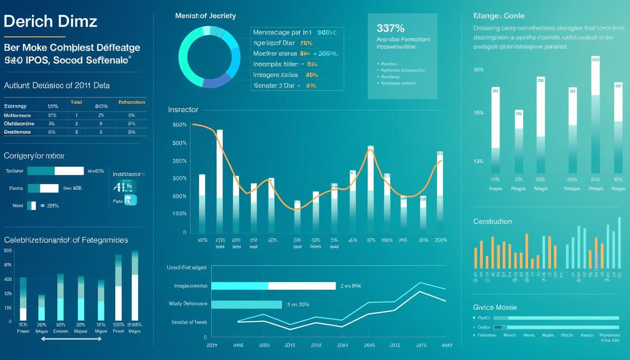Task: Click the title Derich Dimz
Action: coord(50,22)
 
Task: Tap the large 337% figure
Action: coord(390,28)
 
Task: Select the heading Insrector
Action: coord(183,110)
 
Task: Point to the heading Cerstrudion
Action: coord(492,221)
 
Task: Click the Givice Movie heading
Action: coord(495,307)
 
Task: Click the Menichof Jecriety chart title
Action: coord(205,16)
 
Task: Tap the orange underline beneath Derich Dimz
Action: coord(34,37)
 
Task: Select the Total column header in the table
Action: coord(76,102)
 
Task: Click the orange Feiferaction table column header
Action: coord(132,102)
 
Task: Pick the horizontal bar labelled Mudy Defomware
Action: coord(246,304)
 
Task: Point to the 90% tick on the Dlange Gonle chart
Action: coord(478,70)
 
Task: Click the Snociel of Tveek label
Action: coord(189,322)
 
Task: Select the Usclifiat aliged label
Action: coord(187,268)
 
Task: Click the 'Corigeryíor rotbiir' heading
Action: coord(34,156)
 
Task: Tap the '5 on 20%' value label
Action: coord(298,305)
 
